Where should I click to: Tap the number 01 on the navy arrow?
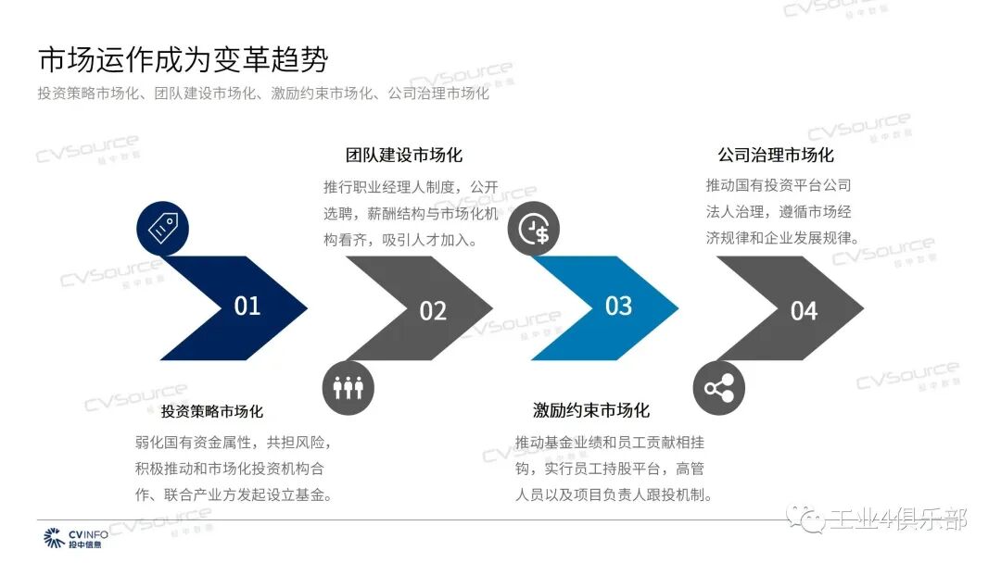point(247,306)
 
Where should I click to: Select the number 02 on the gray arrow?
point(433,310)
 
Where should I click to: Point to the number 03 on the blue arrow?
point(618,306)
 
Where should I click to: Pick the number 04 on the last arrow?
point(804,310)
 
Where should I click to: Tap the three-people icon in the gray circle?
point(348,388)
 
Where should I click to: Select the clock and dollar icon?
point(534,231)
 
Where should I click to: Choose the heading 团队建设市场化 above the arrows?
point(404,155)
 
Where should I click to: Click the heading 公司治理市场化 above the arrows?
point(776,155)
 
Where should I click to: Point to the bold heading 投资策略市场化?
point(212,411)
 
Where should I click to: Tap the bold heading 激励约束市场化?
point(591,410)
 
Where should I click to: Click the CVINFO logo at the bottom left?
point(76,538)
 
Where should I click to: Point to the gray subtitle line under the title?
point(263,94)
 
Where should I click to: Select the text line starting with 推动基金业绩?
point(610,442)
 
